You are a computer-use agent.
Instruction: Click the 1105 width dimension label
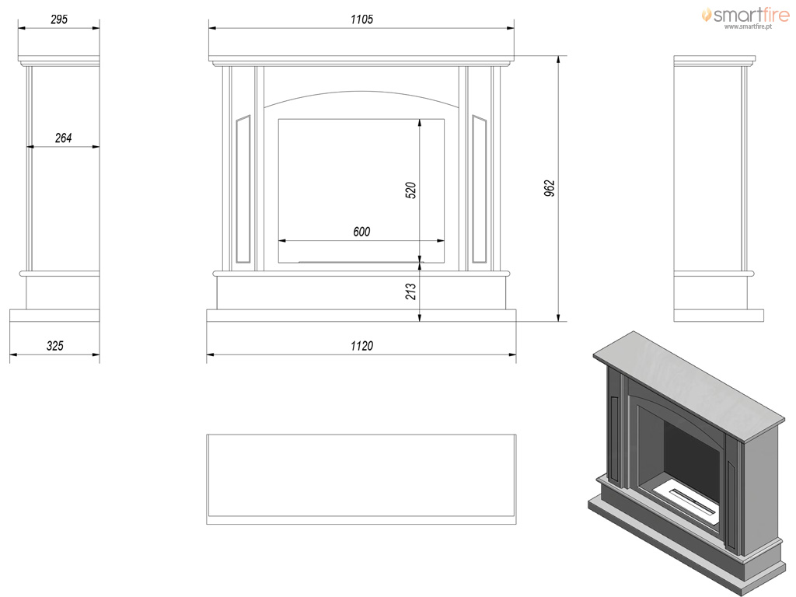click(361, 19)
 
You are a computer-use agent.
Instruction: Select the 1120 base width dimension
click(361, 346)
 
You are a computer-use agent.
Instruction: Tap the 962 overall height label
click(550, 188)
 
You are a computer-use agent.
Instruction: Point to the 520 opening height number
click(410, 190)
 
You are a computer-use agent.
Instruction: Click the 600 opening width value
click(361, 232)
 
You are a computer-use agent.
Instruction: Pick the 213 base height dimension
click(410, 292)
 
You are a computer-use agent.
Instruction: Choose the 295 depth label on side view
click(59, 19)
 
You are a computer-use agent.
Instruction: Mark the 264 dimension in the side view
click(64, 138)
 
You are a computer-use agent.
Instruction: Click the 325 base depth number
click(55, 346)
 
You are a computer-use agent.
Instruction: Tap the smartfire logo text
click(752, 15)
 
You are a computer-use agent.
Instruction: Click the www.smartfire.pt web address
click(748, 26)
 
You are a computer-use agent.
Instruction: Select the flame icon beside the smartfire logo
click(706, 15)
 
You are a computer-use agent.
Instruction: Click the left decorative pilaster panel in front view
click(243, 189)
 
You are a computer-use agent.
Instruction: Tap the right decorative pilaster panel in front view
click(479, 189)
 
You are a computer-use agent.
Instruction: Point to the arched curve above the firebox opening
click(361, 92)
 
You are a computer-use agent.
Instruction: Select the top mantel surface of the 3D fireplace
click(690, 386)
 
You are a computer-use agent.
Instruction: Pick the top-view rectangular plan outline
click(361, 479)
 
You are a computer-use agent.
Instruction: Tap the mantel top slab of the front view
click(361, 58)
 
